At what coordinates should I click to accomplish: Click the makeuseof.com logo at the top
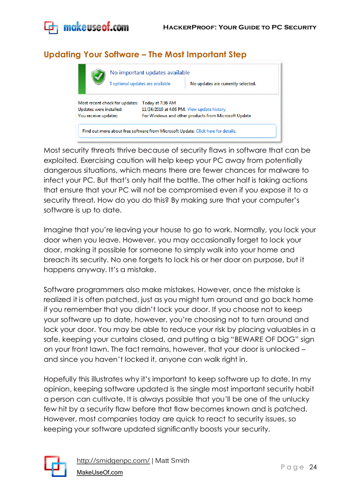pyautogui.click(x=86, y=27)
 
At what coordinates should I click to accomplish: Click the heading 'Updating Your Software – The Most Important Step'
pyautogui.click(x=145, y=55)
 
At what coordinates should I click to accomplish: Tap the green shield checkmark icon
pyautogui.click(x=98, y=77)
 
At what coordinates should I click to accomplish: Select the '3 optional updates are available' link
pyautogui.click(x=140, y=84)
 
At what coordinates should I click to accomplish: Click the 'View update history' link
pyautogui.click(x=206, y=109)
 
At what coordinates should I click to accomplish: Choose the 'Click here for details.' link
pyautogui.click(x=216, y=131)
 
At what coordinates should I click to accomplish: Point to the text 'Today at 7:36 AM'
pyautogui.click(x=159, y=103)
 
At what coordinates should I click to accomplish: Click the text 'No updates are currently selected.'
pyautogui.click(x=223, y=84)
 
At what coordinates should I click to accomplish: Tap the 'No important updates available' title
pyautogui.click(x=150, y=73)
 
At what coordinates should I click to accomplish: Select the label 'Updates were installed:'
pyautogui.click(x=100, y=109)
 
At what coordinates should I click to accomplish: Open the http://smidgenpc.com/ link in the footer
pyautogui.click(x=113, y=461)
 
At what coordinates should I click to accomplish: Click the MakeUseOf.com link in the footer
pyautogui.click(x=100, y=473)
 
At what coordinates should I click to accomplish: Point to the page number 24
pyautogui.click(x=313, y=467)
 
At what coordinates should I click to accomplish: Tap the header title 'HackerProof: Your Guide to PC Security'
pyautogui.click(x=240, y=27)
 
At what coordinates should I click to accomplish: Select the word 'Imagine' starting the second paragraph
pyautogui.click(x=58, y=230)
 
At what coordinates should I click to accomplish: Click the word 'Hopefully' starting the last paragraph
pyautogui.click(x=62, y=379)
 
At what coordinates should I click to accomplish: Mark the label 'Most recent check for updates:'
pyautogui.click(x=108, y=103)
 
